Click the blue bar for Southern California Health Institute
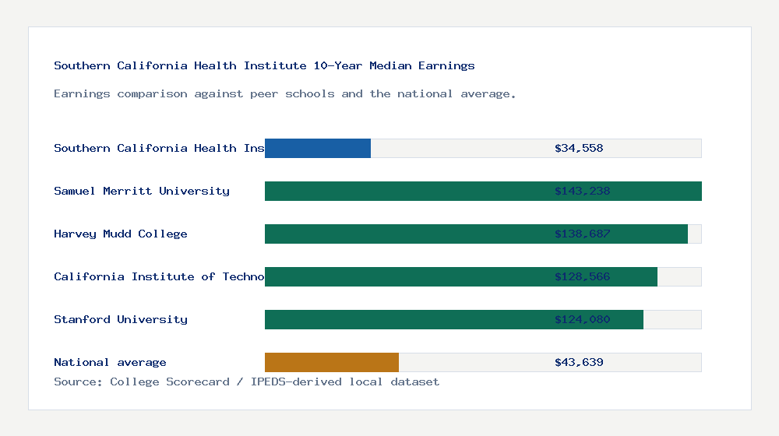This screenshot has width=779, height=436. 318,148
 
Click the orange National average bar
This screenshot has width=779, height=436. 332,362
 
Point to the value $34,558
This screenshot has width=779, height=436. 579,148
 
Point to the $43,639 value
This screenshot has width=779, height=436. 579,362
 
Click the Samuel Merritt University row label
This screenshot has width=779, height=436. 142,191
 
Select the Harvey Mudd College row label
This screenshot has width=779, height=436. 121,234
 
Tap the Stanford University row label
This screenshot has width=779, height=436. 121,319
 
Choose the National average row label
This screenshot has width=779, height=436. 110,362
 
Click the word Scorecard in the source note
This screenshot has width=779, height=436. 198,381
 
